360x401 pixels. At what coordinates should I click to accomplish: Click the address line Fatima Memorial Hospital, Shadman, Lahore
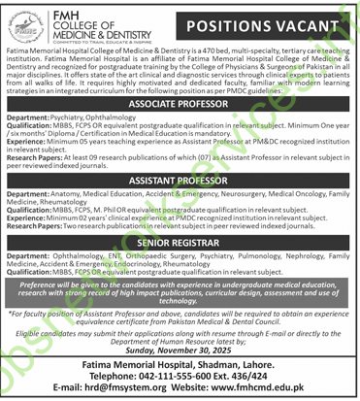(x=180, y=362)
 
